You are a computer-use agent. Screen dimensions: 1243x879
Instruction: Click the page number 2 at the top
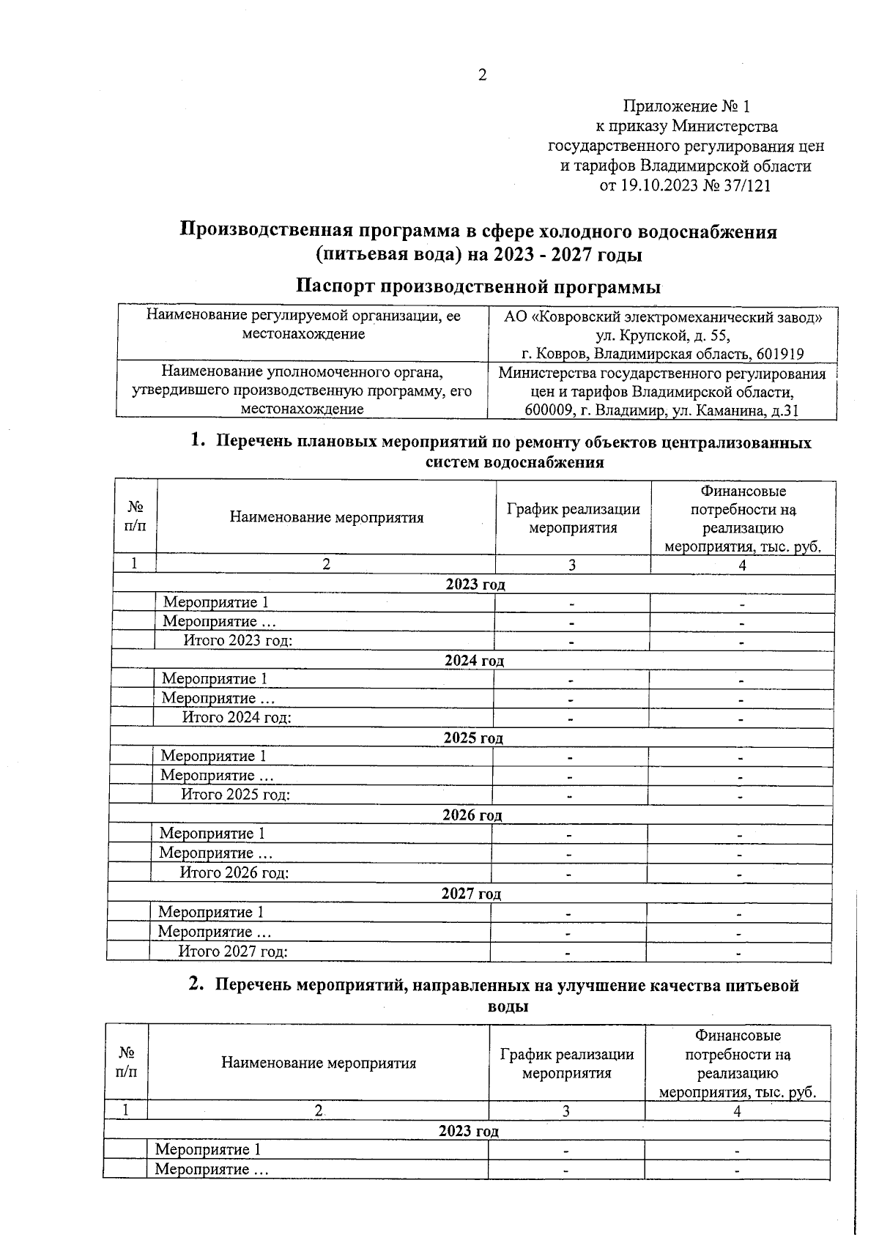482,75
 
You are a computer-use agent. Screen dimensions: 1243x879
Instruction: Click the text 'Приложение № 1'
686,107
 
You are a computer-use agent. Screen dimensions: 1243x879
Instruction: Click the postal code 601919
777,355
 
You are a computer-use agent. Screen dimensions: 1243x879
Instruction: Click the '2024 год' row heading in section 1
474,661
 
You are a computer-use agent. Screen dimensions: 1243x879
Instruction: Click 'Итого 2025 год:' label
235,795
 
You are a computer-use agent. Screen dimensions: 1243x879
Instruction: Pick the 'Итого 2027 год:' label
232,951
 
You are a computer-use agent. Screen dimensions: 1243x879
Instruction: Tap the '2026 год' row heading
472,815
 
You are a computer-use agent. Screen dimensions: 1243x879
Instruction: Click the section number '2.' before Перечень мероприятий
196,985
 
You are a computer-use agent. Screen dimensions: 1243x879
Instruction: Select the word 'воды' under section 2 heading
508,1006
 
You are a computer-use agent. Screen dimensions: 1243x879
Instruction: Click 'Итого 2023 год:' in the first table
237,641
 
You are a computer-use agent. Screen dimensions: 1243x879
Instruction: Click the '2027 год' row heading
471,894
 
